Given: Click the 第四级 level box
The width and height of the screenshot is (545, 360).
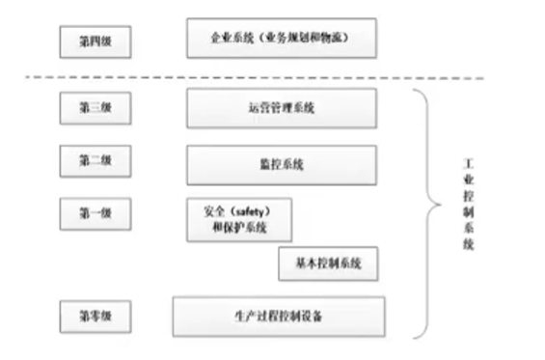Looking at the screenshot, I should (x=94, y=42).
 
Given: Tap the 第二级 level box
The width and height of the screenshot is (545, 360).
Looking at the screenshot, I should (x=94, y=159).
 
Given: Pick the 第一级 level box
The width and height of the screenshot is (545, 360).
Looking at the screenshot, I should (x=94, y=211).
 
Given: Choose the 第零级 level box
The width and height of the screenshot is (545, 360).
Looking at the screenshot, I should (x=94, y=314).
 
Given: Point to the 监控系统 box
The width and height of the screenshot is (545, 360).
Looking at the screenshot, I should (x=282, y=165).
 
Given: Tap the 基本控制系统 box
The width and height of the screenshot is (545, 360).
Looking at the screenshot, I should (x=328, y=263).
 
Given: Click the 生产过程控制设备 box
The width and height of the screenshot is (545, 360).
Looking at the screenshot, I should (x=279, y=316).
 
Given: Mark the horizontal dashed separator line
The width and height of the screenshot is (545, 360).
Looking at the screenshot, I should (x=270, y=78).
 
